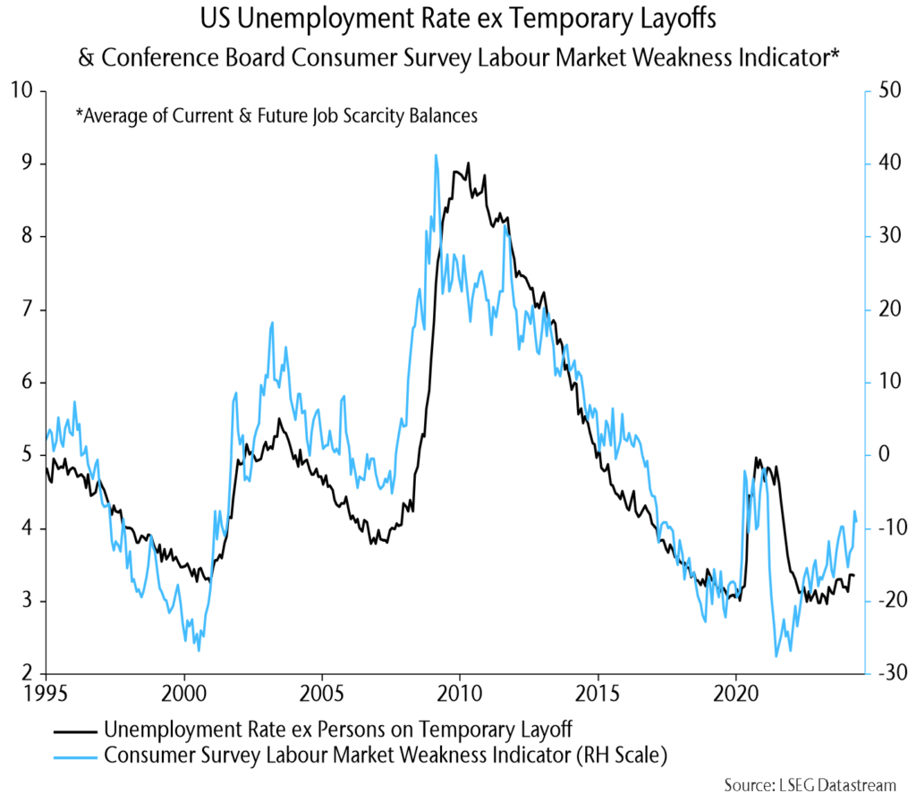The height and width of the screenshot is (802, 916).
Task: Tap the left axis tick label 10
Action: click(21, 90)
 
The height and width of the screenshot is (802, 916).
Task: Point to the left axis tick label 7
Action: click(26, 309)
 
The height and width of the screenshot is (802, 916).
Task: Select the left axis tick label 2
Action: click(26, 673)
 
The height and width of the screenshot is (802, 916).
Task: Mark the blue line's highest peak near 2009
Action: click(436, 155)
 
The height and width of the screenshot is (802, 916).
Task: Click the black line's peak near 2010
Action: click(468, 164)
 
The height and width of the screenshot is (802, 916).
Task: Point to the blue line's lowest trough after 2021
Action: click(776, 656)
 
